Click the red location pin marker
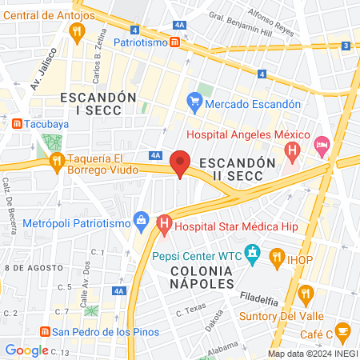pos(181,162)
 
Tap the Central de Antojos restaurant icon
pos(78,32)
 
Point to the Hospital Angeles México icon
pos(293,149)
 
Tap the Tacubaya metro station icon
pos(18,123)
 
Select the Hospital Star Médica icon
pos(165,226)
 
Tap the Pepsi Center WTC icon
pos(253,256)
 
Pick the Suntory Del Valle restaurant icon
pos(305,297)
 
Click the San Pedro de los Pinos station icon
pos(46,331)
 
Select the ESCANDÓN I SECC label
pos(90,104)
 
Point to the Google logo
pos(26,350)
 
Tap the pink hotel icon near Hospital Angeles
pos(322,146)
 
